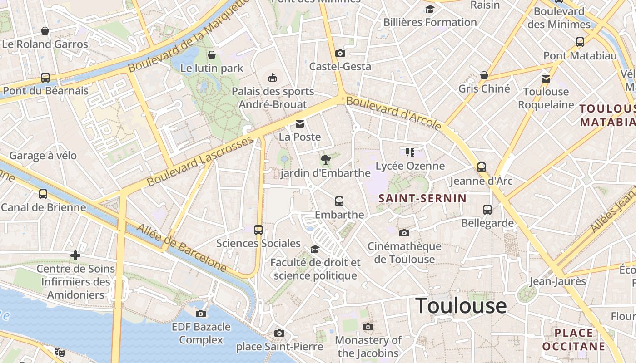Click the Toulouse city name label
(461, 306)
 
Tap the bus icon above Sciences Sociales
(258, 230)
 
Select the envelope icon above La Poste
(299, 124)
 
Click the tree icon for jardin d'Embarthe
(325, 159)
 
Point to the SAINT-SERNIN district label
(422, 198)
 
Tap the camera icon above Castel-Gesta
(340, 53)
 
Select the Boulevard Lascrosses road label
(200, 161)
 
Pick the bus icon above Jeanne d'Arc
(482, 167)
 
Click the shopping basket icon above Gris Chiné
(484, 75)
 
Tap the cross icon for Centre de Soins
(75, 255)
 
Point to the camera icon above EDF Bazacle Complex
(201, 314)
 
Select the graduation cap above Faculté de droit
(315, 249)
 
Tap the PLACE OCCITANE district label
(574, 339)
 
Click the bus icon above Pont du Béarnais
(45, 77)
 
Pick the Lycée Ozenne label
(410, 166)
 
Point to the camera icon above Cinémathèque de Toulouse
(404, 233)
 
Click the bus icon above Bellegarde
(487, 209)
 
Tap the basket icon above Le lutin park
(212, 55)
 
